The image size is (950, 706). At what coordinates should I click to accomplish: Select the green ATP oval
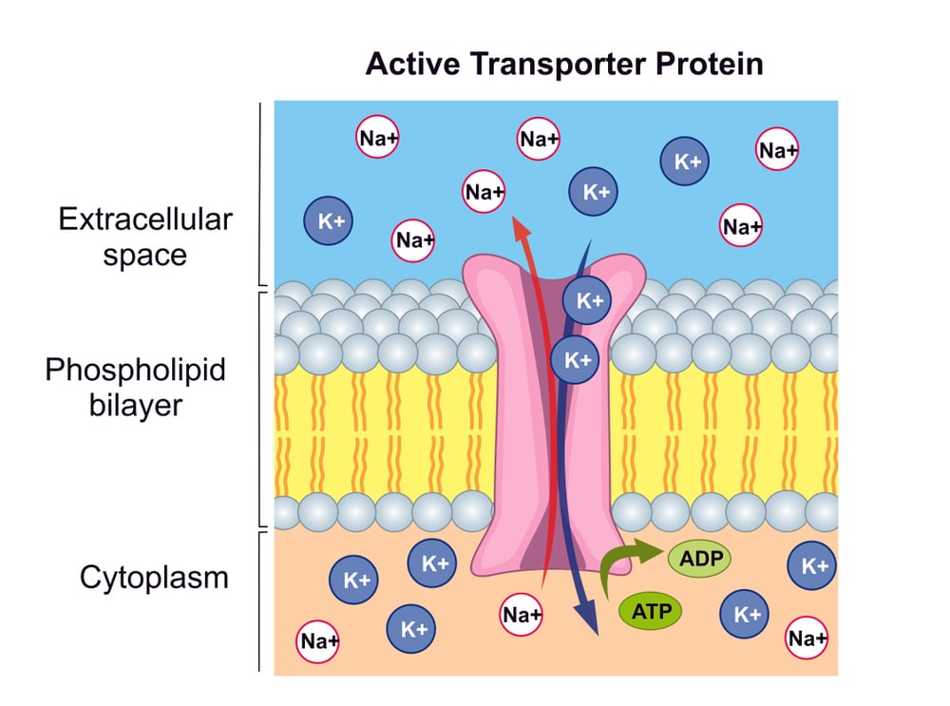tap(651, 609)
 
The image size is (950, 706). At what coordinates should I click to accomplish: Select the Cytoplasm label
tap(154, 577)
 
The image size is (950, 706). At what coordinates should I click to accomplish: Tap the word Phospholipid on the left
tap(135, 369)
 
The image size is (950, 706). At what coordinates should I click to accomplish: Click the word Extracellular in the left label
tap(144, 220)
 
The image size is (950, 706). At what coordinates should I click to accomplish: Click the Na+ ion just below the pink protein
tap(522, 615)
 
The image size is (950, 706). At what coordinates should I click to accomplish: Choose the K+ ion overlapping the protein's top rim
tap(587, 300)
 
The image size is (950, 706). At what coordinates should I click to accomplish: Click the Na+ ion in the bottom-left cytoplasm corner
tap(319, 642)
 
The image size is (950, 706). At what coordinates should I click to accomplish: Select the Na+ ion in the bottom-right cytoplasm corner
tap(808, 638)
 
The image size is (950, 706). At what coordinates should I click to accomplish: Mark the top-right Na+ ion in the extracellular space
tap(778, 150)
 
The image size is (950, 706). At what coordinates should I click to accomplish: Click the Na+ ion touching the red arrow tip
tap(484, 193)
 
